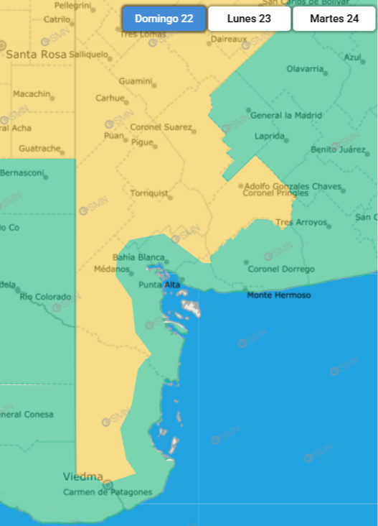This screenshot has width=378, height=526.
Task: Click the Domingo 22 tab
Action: (164, 19)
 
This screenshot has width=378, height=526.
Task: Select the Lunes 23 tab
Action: (249, 19)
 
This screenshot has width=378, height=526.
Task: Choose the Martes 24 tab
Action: (334, 19)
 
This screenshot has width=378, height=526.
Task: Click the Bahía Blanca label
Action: (138, 257)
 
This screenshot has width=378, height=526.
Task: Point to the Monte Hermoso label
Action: (279, 295)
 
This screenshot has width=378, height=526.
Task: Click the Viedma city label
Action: (82, 476)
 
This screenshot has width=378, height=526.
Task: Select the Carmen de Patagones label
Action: (108, 492)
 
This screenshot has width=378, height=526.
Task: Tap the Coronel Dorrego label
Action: (281, 269)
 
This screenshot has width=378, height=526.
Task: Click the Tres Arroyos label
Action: (301, 223)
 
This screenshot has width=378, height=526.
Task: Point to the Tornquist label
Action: (148, 193)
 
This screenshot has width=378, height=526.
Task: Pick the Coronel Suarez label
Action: (161, 127)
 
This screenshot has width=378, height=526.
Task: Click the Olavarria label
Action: (305, 69)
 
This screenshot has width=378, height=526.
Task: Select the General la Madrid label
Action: (285, 115)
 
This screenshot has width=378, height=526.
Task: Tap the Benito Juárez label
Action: (338, 149)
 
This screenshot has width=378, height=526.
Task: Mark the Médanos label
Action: (111, 269)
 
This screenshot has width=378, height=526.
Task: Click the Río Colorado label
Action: (45, 297)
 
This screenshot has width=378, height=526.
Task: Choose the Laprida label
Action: (270, 136)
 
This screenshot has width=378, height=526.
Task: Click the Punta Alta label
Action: (159, 285)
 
